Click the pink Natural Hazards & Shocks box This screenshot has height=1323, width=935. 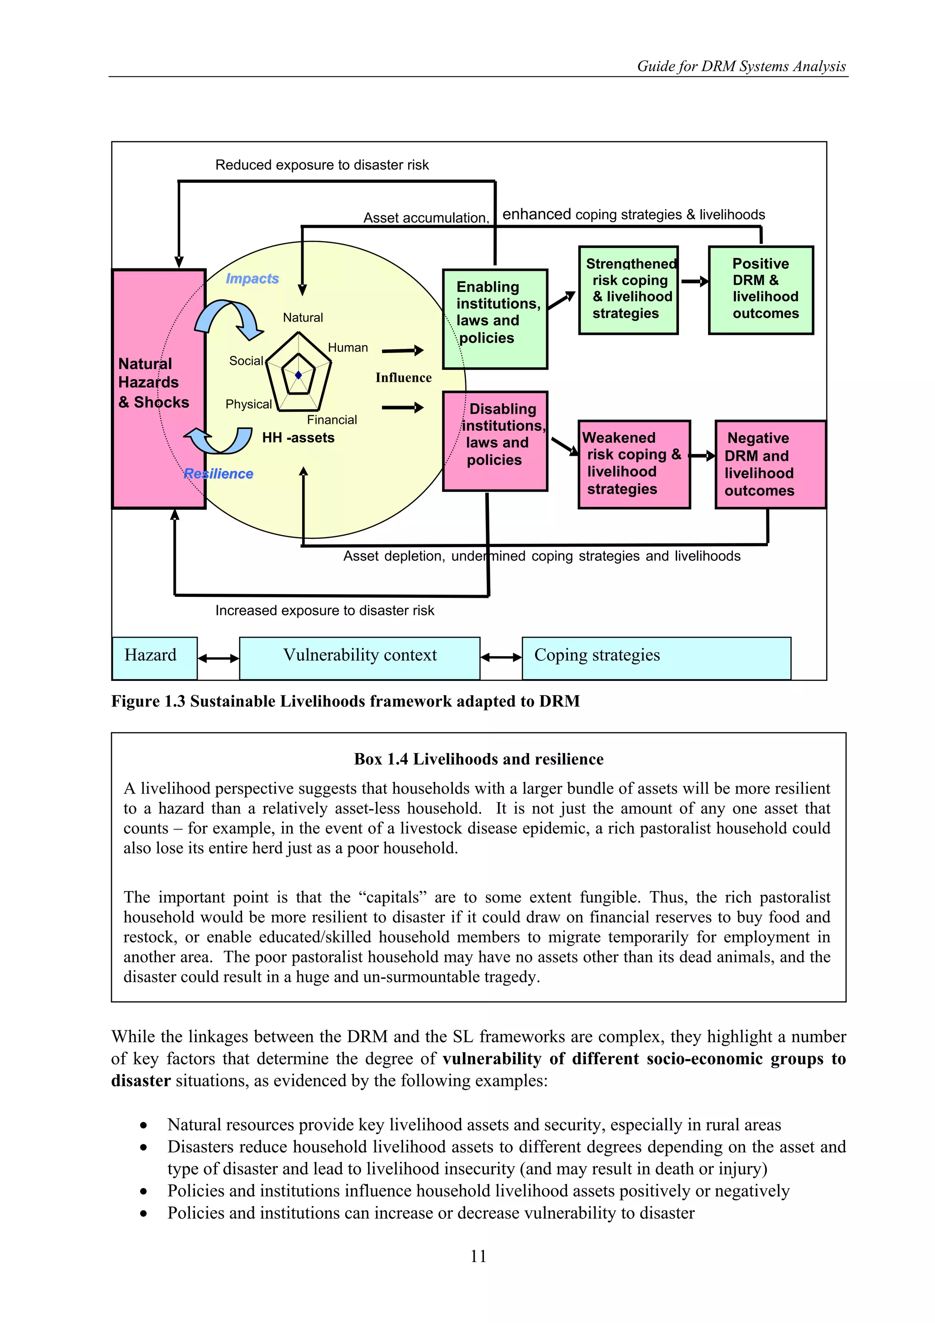[158, 389]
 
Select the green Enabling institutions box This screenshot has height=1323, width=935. [494, 319]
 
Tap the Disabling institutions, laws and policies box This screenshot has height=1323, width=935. [494, 441]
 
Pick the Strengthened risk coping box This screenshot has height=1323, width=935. [628, 290]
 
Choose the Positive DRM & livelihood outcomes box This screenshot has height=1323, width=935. [761, 290]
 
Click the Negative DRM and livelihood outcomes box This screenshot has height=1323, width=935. [770, 464]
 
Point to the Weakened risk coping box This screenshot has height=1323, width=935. [634, 464]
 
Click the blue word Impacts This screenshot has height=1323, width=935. [252, 278]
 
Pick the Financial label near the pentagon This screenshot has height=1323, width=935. [332, 420]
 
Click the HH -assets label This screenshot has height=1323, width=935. [298, 437]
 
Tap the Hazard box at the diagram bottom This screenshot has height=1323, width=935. [154, 658]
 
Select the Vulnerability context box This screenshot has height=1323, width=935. [359, 658]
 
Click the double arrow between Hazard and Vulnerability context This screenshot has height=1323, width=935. [218, 658]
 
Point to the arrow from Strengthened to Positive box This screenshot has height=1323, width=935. [694, 282]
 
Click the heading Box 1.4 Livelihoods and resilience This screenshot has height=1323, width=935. [478, 759]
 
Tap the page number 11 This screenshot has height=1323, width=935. [478, 1256]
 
